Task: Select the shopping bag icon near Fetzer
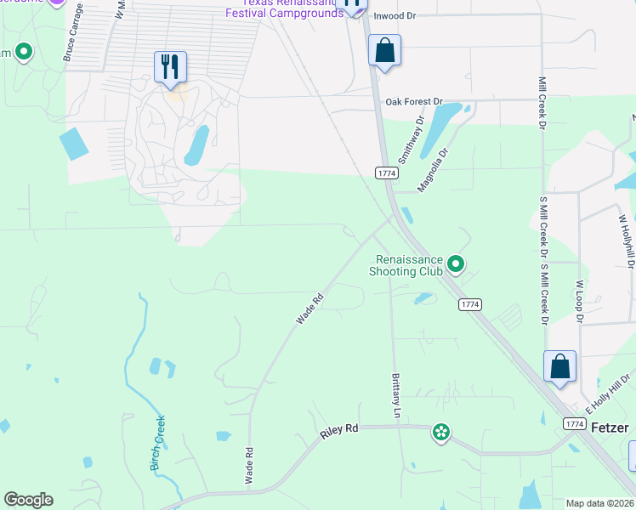(x=559, y=366)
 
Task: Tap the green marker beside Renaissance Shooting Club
(x=456, y=264)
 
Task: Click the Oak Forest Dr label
(x=414, y=102)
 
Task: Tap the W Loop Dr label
(x=580, y=302)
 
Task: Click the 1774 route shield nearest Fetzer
(x=574, y=423)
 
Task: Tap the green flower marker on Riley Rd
(x=440, y=433)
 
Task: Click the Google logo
(x=28, y=500)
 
